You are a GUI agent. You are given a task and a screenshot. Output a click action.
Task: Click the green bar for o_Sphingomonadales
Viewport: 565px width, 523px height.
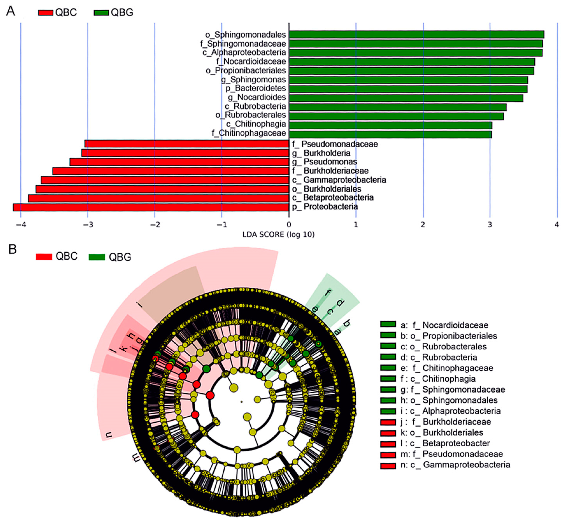tap(416, 34)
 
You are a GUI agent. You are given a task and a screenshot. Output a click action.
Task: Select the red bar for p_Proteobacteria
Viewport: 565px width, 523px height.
tap(151, 207)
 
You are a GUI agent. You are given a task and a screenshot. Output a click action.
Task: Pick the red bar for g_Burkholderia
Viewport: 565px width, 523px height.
tap(185, 153)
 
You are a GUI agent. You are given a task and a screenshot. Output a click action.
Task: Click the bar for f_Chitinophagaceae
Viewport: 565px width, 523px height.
tap(390, 134)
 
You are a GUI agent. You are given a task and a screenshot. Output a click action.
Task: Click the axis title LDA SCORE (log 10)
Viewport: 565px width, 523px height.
tap(278, 235)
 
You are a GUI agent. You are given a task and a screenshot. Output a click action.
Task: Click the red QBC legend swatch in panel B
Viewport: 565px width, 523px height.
tap(44, 257)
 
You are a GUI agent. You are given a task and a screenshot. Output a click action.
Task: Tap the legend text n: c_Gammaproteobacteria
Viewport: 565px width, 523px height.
tap(455, 465)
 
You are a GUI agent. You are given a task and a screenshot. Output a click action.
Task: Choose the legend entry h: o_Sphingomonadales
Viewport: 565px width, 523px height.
tap(449, 400)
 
